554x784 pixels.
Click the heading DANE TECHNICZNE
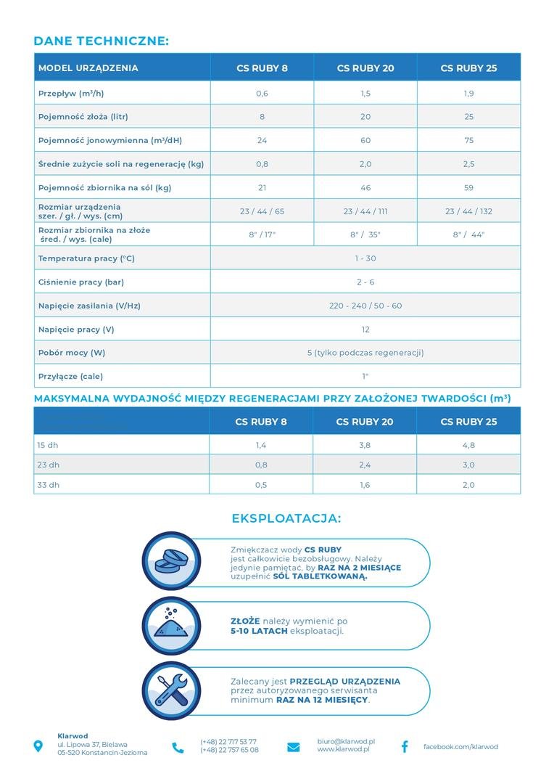coord(101,41)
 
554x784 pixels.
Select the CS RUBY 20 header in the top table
coord(365,68)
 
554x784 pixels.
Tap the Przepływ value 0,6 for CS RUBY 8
coord(262,94)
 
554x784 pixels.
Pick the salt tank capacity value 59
coord(468,187)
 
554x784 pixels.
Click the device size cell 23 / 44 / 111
coord(365,211)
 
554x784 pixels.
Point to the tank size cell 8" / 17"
coord(262,234)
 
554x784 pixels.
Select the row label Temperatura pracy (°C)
coord(86,258)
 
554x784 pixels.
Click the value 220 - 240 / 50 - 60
coord(365,306)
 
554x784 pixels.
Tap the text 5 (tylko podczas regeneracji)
coord(365,353)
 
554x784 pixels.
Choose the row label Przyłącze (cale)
coord(70,376)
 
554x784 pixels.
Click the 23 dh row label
coord(49,465)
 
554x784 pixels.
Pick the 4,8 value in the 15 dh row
coord(468,445)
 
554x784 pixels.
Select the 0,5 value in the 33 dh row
coord(262,485)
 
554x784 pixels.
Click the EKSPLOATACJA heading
coord(286,518)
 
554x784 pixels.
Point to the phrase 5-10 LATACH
coord(258,631)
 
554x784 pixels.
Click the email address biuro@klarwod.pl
coord(346,741)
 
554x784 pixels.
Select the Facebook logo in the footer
coord(405,746)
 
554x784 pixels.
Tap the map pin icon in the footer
coord(38,746)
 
